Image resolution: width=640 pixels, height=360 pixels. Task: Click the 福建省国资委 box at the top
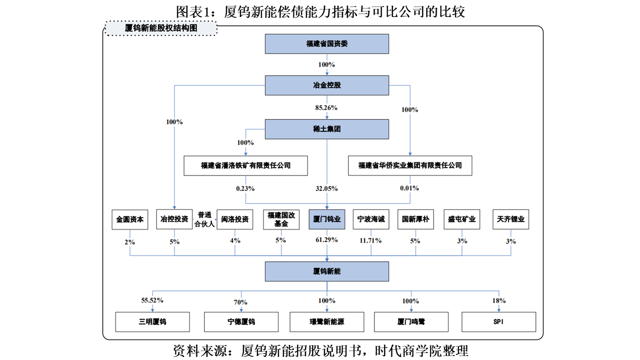tap(327, 44)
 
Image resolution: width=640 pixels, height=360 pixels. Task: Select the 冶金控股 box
tap(327, 85)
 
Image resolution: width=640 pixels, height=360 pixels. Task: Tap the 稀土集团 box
tap(327, 129)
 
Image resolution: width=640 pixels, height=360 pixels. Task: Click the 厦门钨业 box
tap(327, 219)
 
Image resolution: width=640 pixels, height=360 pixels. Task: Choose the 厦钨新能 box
tap(327, 271)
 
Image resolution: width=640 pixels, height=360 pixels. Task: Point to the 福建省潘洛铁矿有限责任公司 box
tap(245, 165)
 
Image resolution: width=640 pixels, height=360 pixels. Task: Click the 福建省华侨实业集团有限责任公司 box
tap(410, 165)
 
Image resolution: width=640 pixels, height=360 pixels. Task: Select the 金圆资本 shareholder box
tap(130, 219)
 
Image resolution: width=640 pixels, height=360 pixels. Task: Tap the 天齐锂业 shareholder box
tap(511, 219)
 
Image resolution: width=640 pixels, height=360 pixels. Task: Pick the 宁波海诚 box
tap(371, 219)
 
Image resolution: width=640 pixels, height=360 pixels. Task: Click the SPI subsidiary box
tap(499, 322)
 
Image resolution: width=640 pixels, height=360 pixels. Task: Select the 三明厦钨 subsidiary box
tap(152, 322)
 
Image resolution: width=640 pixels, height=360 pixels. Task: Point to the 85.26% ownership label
tap(326, 107)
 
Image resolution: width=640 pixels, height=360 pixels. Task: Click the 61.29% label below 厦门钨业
tap(326, 239)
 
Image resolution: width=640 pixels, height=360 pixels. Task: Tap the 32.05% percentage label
tap(326, 188)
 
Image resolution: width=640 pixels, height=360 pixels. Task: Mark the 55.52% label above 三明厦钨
tap(152, 300)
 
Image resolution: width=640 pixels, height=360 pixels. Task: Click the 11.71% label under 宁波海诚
tap(370, 240)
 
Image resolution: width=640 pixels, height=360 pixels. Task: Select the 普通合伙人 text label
tap(204, 219)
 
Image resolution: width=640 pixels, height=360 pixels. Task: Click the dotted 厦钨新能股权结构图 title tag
tap(161, 28)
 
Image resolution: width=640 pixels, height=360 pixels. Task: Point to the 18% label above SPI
tap(499, 301)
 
